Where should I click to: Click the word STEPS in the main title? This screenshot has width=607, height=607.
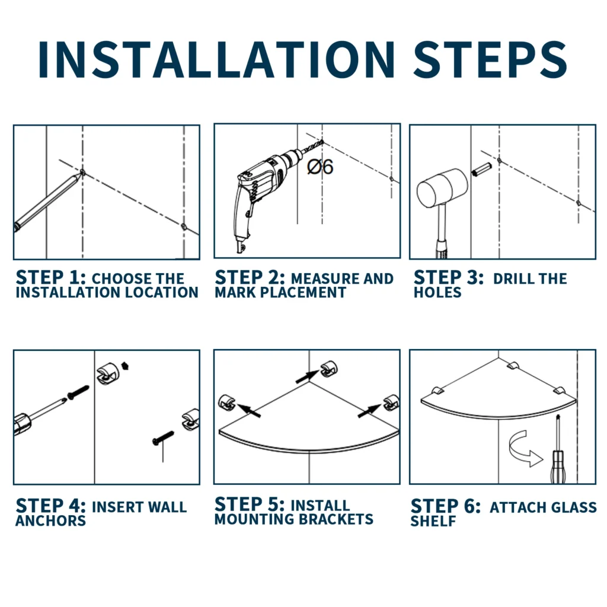click(490, 59)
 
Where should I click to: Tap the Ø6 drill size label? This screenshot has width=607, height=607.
click(320, 167)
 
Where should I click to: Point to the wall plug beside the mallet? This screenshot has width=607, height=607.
click(481, 169)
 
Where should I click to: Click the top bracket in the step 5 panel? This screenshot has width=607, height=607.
click(328, 368)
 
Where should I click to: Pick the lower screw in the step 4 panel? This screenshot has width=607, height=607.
click(163, 438)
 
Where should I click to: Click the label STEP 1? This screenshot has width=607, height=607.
click(51, 277)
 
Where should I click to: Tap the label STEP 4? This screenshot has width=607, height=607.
click(51, 506)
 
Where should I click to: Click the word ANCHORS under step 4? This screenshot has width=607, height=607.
click(51, 521)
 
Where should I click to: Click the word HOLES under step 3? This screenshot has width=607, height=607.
click(437, 292)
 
